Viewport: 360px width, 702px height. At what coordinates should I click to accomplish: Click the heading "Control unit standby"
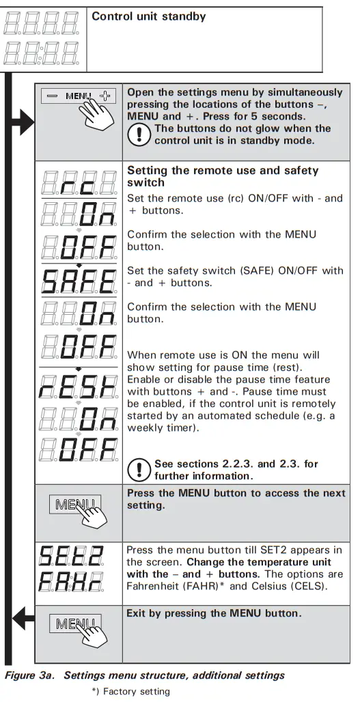click(148, 16)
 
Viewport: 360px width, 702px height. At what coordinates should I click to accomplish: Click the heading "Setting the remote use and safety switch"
click(223, 176)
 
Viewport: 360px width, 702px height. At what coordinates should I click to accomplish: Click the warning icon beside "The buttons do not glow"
click(139, 134)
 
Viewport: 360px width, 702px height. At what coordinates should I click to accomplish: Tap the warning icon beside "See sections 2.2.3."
click(139, 469)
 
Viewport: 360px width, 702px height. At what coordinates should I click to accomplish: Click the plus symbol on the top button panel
click(105, 96)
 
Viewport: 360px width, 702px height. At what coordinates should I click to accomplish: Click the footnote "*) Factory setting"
click(130, 691)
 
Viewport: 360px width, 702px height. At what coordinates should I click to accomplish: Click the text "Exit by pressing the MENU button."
click(213, 613)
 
